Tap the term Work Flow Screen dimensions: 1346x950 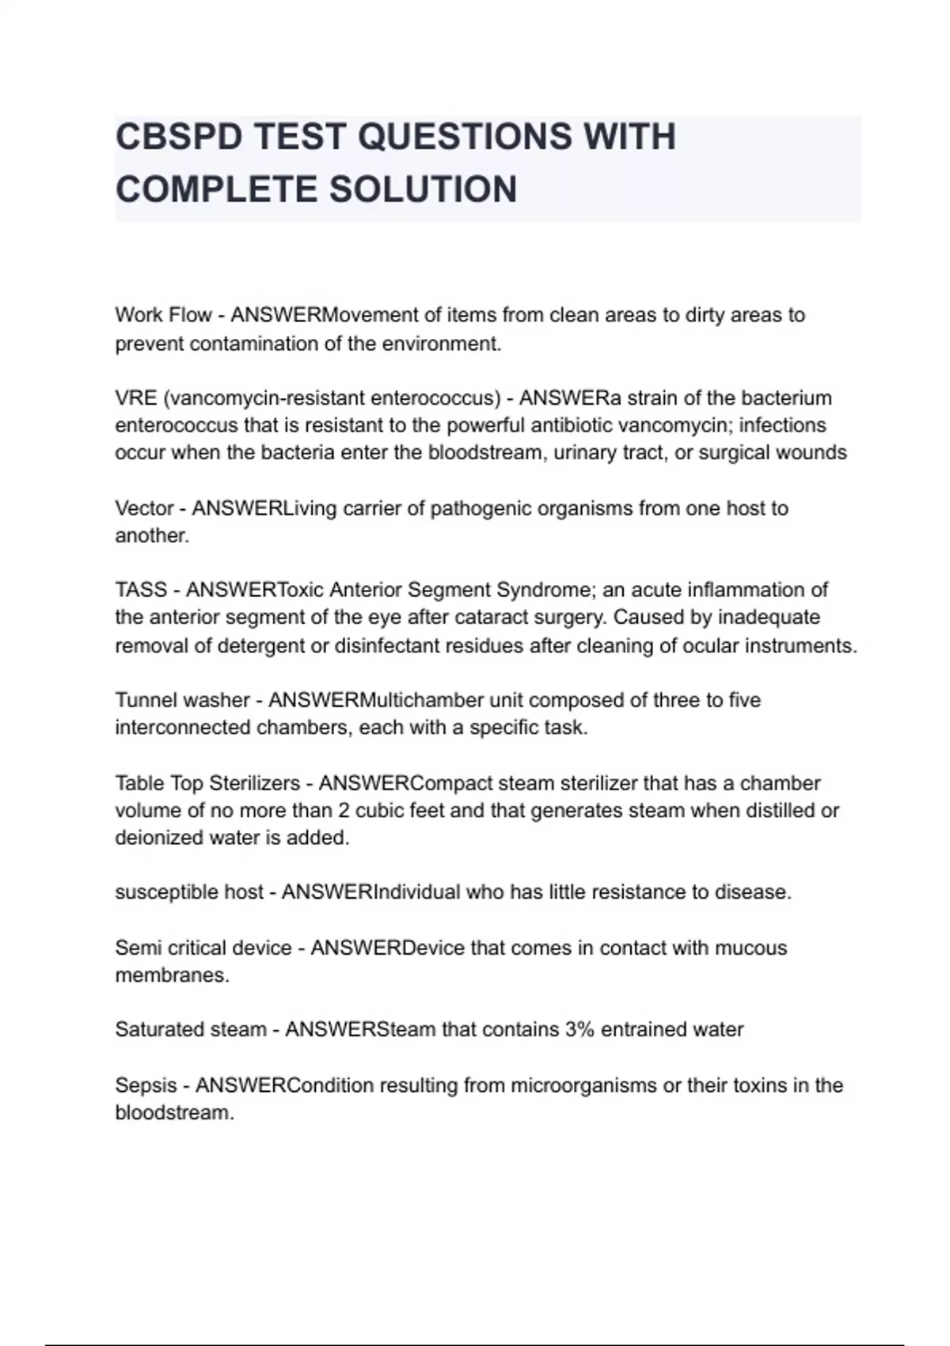click(x=163, y=315)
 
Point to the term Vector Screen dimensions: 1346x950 click(x=144, y=508)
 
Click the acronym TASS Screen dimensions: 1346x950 click(x=141, y=590)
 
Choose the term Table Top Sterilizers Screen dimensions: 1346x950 click(x=207, y=783)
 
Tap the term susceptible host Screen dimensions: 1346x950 click(x=189, y=892)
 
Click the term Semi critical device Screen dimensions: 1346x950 click(x=203, y=948)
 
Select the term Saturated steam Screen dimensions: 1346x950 click(x=191, y=1030)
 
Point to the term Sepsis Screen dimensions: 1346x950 click(x=146, y=1086)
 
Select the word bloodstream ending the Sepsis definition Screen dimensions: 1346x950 click(x=173, y=1113)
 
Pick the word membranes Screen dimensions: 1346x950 click(x=171, y=975)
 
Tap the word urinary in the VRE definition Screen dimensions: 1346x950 click(x=585, y=453)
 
